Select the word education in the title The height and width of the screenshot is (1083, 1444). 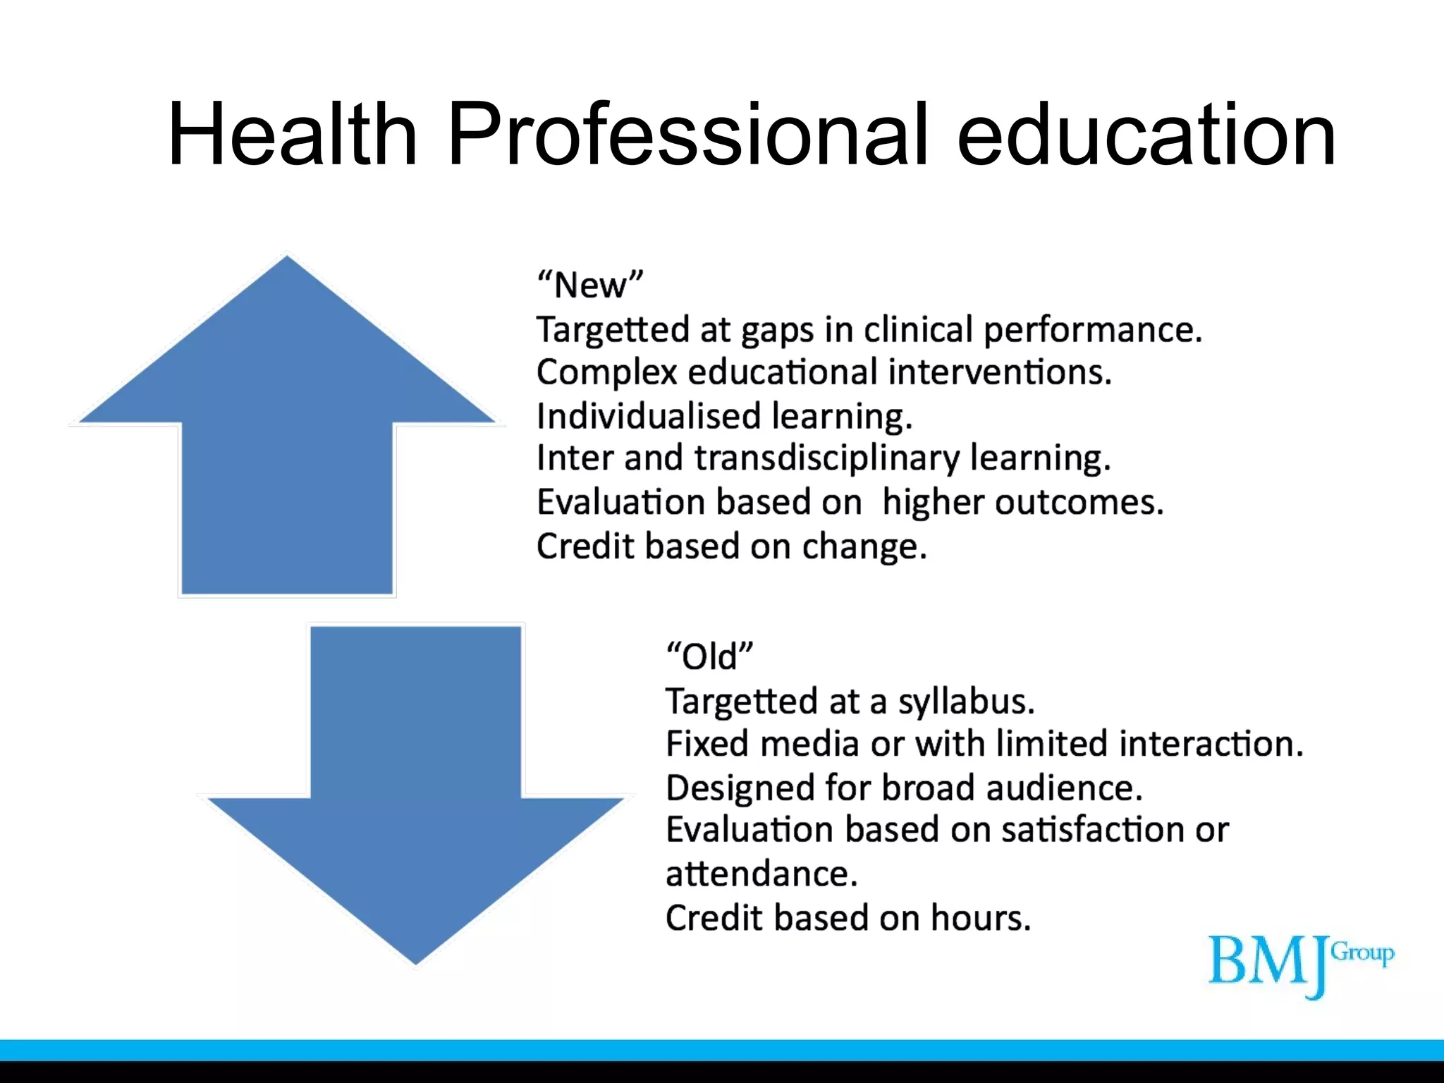[1146, 135]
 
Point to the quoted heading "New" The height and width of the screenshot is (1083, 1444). [590, 286]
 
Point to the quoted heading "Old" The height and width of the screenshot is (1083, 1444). [709, 656]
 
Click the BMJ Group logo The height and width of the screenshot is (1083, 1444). [1301, 962]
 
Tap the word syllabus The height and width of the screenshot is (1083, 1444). [966, 702]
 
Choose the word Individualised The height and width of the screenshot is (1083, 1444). [649, 416]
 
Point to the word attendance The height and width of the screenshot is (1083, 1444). [761, 874]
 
